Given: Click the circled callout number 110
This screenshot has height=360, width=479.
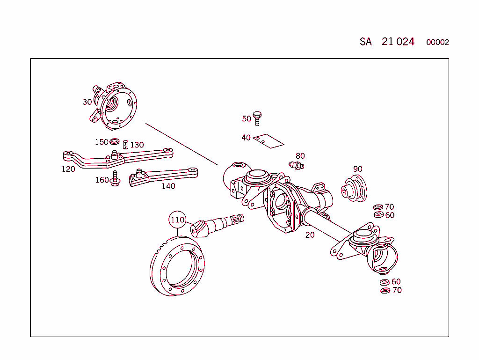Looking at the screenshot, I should click(178, 220).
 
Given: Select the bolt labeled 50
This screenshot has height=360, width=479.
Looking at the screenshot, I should click(257, 118).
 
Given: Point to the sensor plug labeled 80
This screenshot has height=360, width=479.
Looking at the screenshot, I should click(297, 165).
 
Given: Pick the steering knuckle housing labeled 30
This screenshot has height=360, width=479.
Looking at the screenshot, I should click(115, 106).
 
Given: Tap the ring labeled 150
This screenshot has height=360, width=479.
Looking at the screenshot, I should click(115, 142).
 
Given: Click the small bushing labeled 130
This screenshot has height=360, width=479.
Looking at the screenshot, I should click(125, 145).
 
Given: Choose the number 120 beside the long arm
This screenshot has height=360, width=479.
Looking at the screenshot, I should click(68, 169).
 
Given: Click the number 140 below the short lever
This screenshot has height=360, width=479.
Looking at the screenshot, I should click(168, 186).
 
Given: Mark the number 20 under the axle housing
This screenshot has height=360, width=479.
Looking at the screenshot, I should click(310, 235).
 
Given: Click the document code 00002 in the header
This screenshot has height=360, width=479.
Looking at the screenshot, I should click(437, 42).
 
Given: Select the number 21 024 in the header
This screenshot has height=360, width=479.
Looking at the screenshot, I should click(398, 42).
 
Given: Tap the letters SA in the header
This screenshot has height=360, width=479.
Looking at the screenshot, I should click(366, 42).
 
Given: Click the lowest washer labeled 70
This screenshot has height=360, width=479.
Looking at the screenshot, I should click(385, 291).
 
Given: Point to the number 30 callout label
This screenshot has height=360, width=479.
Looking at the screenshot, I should click(87, 102).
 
